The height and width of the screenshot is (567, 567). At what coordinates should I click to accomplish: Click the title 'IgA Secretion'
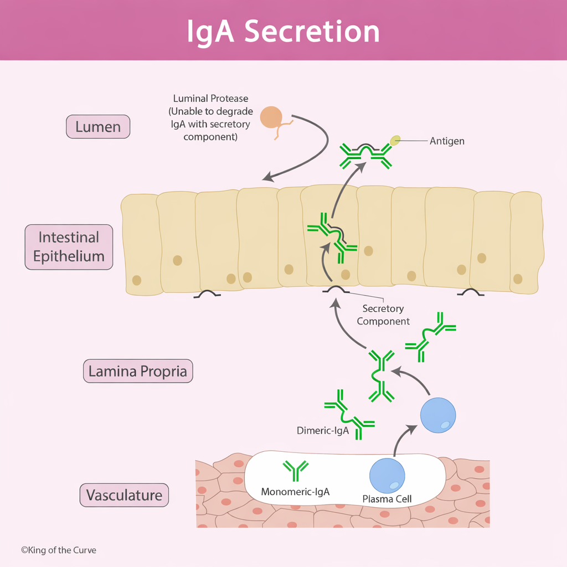(x=283, y=32)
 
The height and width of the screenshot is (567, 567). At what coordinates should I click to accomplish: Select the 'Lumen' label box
(x=98, y=127)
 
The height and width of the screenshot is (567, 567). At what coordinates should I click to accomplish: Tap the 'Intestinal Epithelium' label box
(x=69, y=247)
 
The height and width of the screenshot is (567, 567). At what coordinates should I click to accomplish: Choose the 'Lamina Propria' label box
(x=138, y=371)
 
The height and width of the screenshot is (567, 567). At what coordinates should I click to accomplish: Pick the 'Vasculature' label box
(x=124, y=495)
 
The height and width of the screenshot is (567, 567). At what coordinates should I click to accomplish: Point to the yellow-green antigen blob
(x=395, y=141)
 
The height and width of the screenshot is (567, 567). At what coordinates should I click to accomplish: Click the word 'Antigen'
(x=447, y=141)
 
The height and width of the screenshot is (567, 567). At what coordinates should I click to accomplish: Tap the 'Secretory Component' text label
(x=383, y=315)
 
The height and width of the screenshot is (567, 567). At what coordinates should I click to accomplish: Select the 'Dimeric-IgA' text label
(x=323, y=430)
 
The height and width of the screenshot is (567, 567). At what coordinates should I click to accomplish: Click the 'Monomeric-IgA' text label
(x=295, y=492)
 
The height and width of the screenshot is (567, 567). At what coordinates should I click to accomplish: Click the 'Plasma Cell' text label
(x=387, y=499)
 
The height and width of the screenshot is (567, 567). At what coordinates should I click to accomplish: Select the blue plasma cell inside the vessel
(x=387, y=476)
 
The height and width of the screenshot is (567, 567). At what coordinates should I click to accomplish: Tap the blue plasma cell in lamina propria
(x=438, y=415)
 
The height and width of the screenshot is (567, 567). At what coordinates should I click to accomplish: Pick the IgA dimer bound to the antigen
(x=365, y=154)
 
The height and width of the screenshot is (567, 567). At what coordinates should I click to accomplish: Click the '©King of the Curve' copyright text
(x=59, y=550)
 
